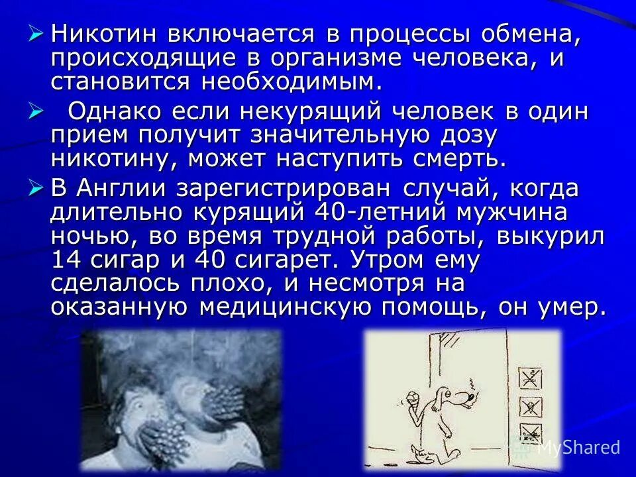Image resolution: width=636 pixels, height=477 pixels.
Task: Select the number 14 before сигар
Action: [x=65, y=260]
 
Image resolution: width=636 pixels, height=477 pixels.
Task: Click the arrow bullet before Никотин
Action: [x=37, y=32]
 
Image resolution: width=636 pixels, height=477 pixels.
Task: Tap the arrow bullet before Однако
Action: [x=37, y=111]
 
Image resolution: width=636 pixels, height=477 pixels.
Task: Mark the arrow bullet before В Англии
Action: [x=37, y=188]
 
